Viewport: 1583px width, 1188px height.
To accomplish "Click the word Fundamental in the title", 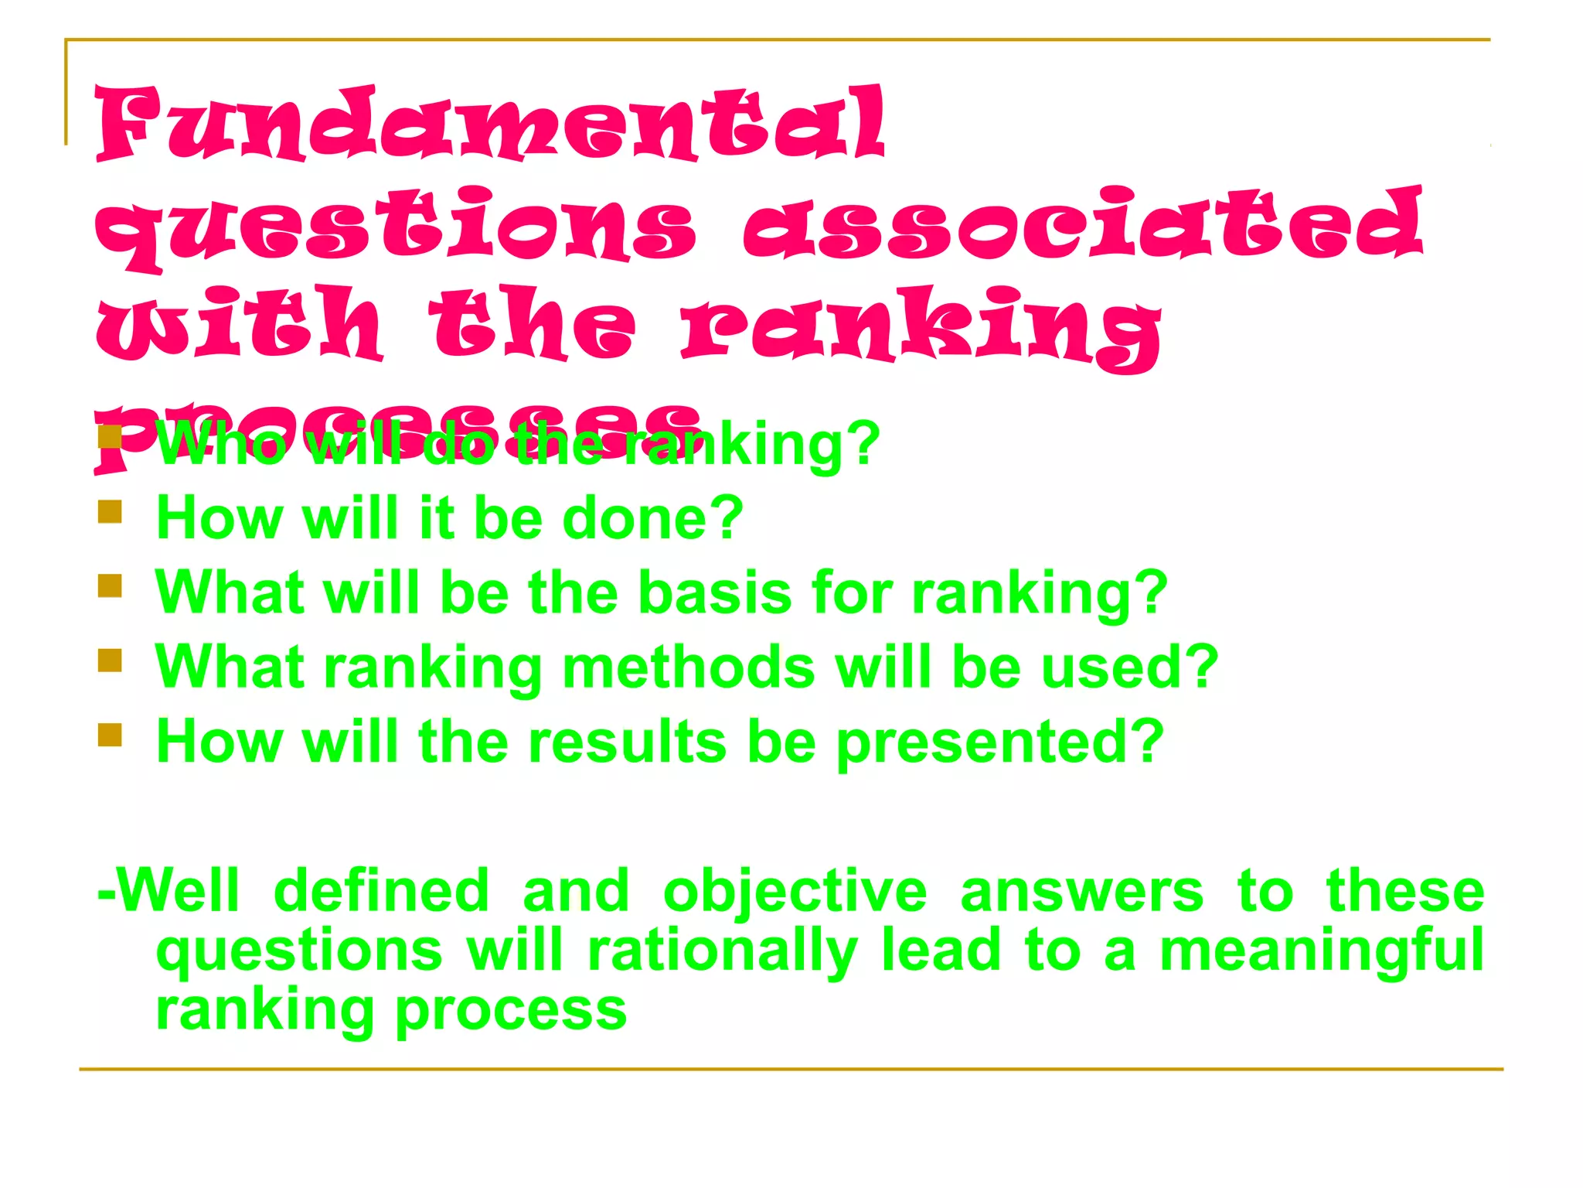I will point(490,124).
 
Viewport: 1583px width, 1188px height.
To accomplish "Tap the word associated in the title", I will point(1082,224).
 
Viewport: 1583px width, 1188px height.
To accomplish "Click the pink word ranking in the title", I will point(920,325).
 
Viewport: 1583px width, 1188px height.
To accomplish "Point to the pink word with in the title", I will point(240,323).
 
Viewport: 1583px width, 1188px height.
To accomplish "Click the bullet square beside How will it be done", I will point(110,512).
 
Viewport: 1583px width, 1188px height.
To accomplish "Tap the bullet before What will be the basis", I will point(110,585).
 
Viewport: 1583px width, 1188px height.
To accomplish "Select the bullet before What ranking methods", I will point(110,661).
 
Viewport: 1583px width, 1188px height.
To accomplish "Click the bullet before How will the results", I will point(110,735).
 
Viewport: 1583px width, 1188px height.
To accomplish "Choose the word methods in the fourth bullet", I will point(688,667).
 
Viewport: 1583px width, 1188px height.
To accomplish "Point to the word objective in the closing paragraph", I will point(795,892).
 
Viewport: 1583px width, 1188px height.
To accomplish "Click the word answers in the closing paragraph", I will point(1081,892).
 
